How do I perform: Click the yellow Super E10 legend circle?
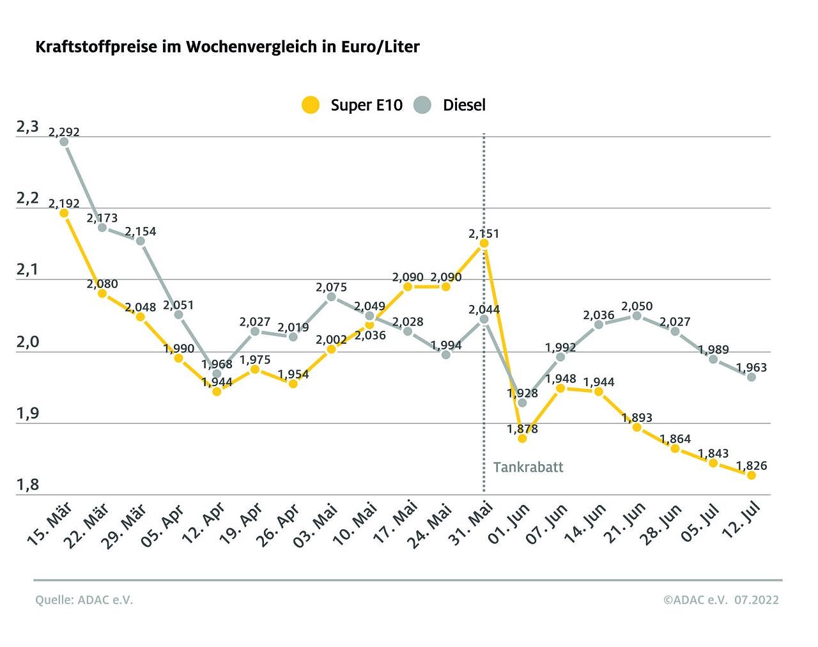(311, 105)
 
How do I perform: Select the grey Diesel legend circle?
(422, 105)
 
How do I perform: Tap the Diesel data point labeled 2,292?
(64, 142)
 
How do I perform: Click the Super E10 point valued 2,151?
(484, 244)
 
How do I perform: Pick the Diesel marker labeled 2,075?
(331, 297)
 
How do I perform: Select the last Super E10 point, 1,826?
(752, 476)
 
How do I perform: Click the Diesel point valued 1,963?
(752, 377)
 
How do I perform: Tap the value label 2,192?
(64, 203)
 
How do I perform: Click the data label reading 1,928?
(522, 393)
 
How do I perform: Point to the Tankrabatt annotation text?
(528, 467)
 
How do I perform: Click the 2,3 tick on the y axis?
(27, 127)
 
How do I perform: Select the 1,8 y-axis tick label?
(27, 485)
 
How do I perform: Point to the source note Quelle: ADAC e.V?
(84, 600)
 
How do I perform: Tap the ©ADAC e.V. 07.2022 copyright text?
(721, 600)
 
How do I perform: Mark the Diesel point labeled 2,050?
(637, 316)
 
